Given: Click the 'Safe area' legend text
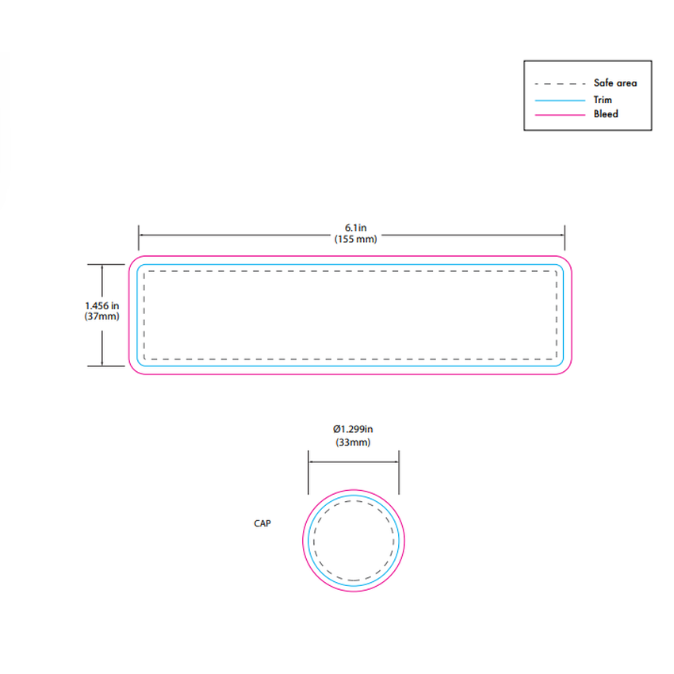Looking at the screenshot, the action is tap(615, 83).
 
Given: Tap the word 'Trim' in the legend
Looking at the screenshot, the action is tap(603, 100).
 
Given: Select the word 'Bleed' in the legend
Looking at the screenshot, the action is tap(606, 114).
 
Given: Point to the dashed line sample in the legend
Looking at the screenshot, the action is tap(560, 84).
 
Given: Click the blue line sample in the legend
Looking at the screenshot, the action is tap(560, 101).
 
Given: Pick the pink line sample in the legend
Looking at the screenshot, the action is tap(560, 115).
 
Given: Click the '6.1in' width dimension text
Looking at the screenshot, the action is tap(355, 228).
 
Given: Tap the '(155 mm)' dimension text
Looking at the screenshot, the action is tap(355, 239).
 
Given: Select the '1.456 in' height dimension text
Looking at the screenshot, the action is tap(101, 305).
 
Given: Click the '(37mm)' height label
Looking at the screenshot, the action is tap(101, 316).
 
